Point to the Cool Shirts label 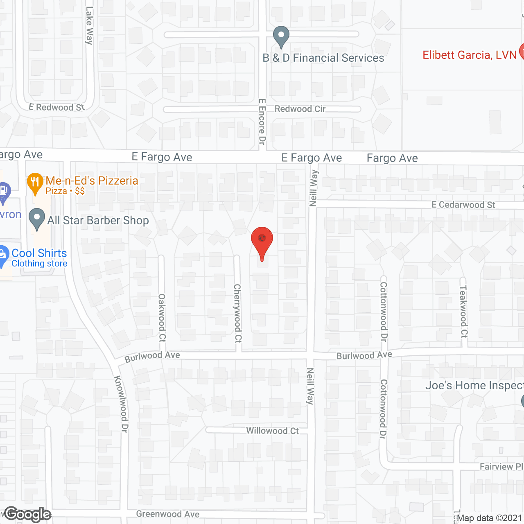point(39,253)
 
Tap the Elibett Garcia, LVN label point(469,55)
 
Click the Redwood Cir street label point(300,109)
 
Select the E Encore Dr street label point(262,122)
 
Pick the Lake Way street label point(89,25)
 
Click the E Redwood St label point(56,107)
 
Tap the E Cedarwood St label point(463,205)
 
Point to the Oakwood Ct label point(162,318)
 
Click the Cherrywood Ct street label point(237,313)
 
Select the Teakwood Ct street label point(463,312)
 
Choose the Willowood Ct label point(272,431)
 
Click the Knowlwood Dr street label point(121,404)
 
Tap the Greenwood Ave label point(168,514)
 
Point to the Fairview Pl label point(501,467)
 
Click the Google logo point(28,514)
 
